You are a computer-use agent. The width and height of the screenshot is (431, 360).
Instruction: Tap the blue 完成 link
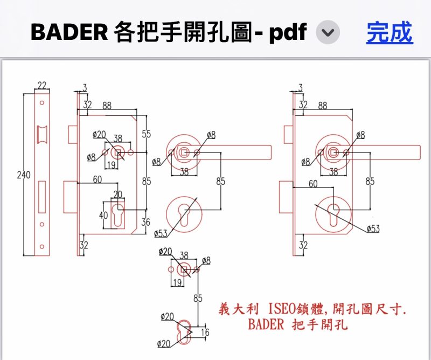tap(390, 32)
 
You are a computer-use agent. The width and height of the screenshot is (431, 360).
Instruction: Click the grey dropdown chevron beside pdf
tap(328, 32)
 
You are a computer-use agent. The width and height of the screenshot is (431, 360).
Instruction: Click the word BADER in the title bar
tap(69, 32)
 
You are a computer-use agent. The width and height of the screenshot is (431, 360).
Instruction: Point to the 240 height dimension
tap(24, 175)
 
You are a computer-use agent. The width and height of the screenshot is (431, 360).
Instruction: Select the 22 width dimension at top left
tap(42, 86)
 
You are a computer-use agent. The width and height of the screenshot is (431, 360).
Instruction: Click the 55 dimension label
tap(146, 134)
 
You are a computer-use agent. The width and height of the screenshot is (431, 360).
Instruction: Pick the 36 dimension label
tap(145, 222)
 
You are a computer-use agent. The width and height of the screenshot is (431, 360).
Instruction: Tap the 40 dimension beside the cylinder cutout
tap(103, 215)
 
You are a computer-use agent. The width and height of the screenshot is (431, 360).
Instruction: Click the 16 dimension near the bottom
tap(205, 332)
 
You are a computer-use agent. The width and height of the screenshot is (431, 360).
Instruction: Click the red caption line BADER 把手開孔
tap(298, 324)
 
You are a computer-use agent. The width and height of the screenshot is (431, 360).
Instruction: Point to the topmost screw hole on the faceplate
tap(42, 103)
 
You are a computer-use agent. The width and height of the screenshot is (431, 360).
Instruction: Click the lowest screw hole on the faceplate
tap(42, 247)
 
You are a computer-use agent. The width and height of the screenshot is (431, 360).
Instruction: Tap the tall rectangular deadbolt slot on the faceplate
tap(42, 197)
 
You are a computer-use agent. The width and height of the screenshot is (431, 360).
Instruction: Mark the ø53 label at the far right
tap(373, 229)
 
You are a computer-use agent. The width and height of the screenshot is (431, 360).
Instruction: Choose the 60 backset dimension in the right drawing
tap(313, 183)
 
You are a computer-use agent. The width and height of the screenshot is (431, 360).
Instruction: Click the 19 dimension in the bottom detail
tap(178, 282)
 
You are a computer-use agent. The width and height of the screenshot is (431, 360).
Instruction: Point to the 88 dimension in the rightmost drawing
tap(323, 106)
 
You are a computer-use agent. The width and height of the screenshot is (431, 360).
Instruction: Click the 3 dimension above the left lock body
tap(85, 87)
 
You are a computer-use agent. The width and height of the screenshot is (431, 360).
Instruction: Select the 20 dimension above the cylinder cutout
tap(117, 195)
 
